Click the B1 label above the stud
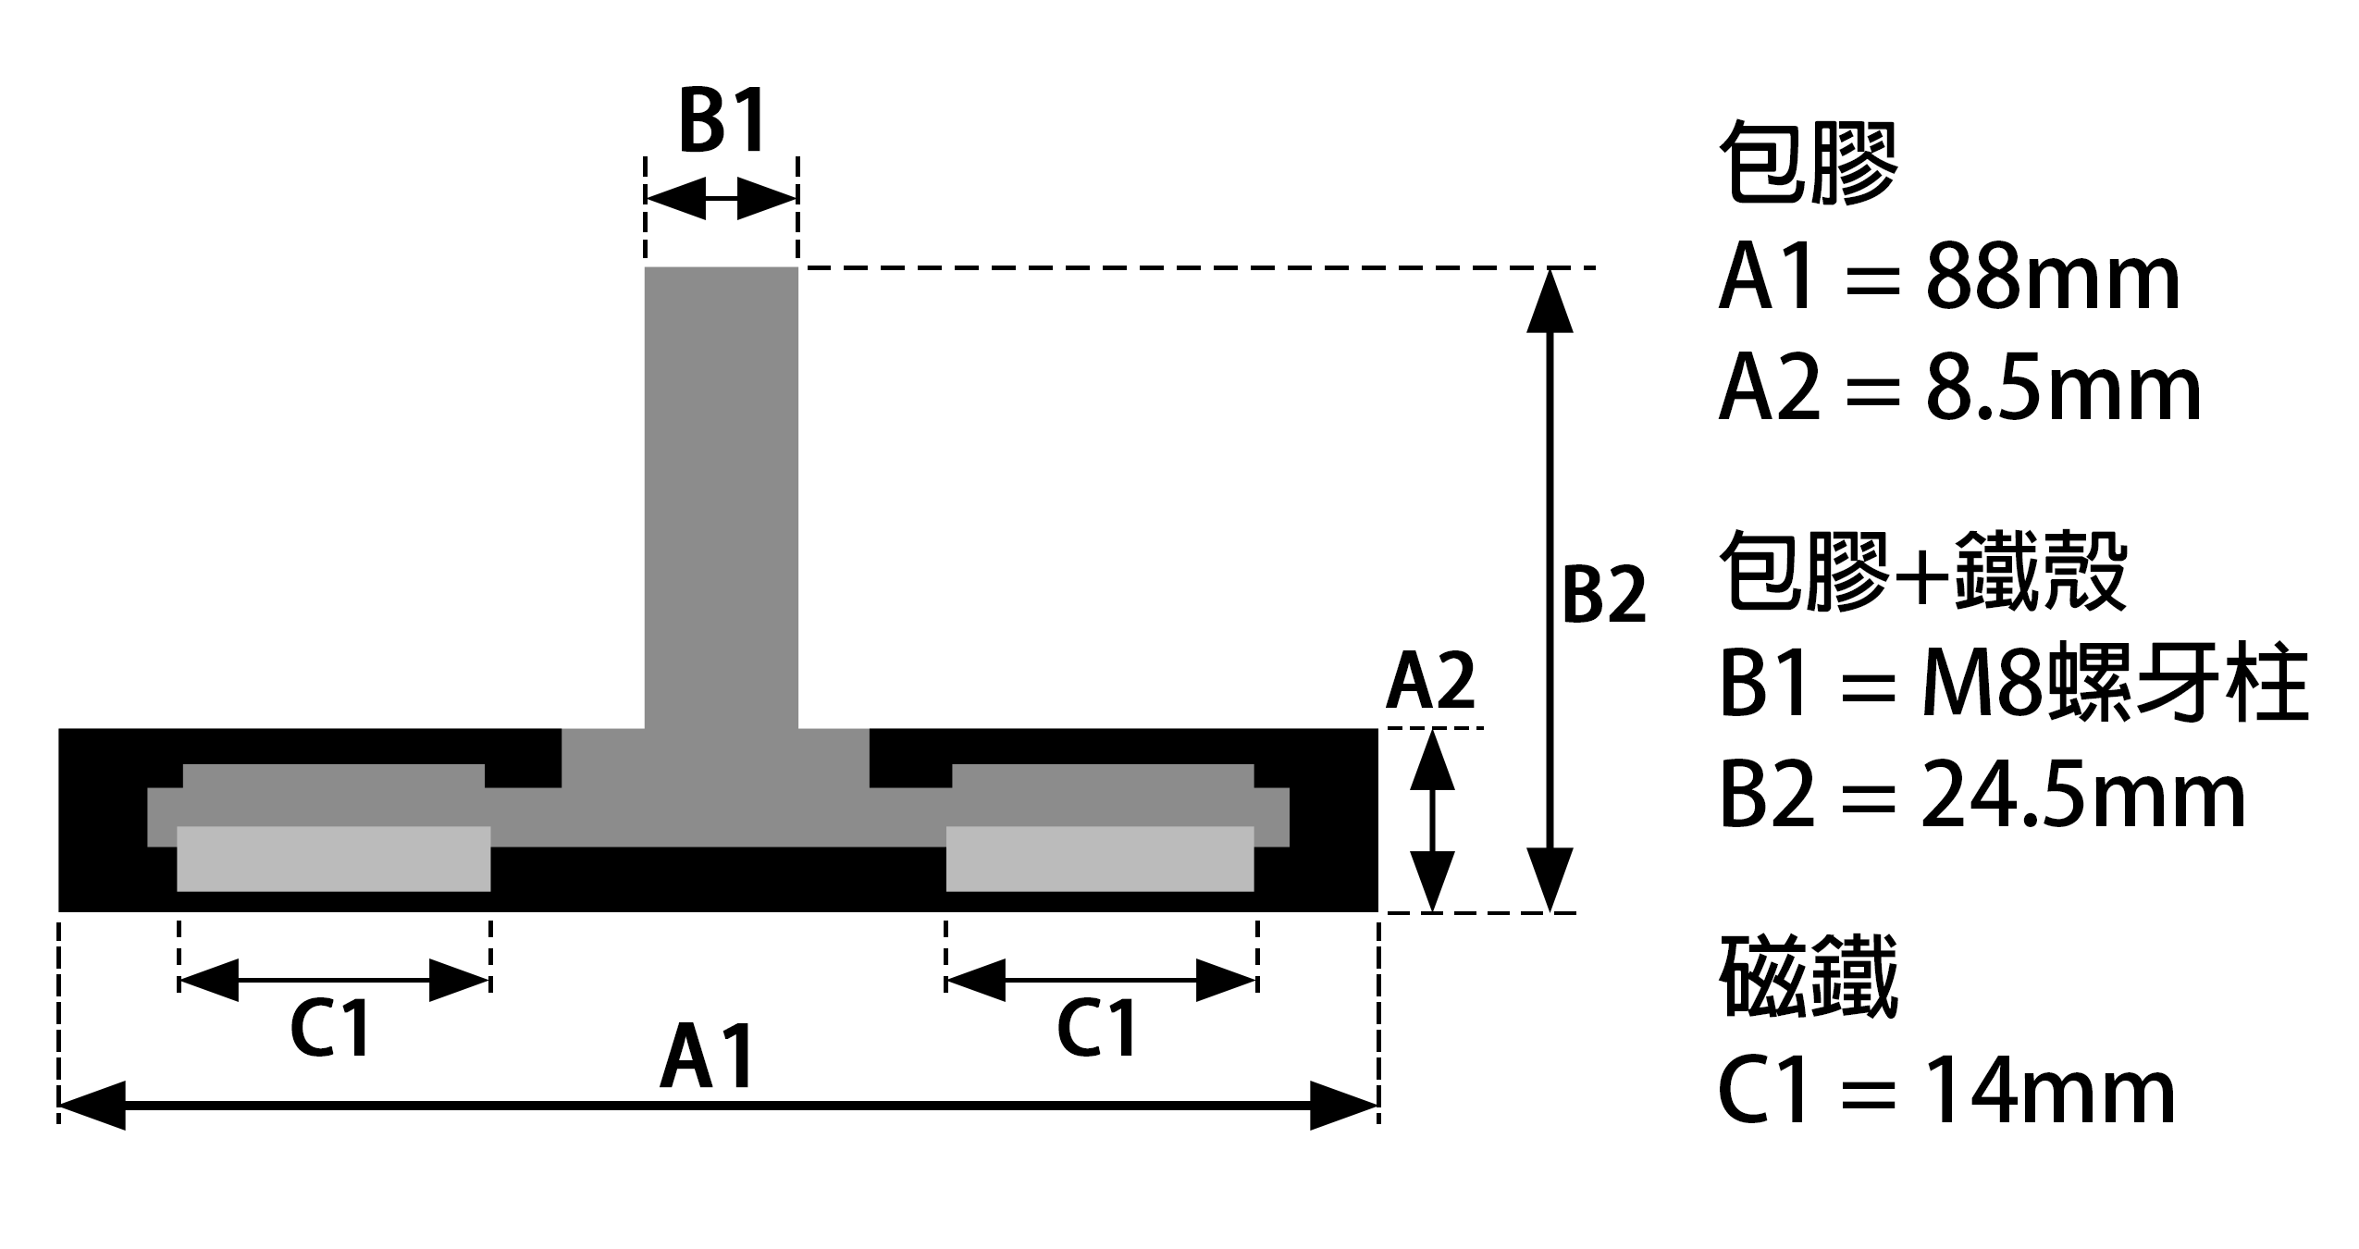723,120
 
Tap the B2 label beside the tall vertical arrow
1604,595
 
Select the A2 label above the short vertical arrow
1430,681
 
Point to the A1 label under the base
707,1056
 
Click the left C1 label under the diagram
330,1027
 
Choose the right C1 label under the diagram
1096,1027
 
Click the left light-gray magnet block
333,859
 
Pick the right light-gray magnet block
1100,859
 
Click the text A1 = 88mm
1949,278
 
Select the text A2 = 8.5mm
1959,389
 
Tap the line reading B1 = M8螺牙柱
2014,685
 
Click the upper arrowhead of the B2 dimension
1549,299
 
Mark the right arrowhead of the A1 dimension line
1344,1105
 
